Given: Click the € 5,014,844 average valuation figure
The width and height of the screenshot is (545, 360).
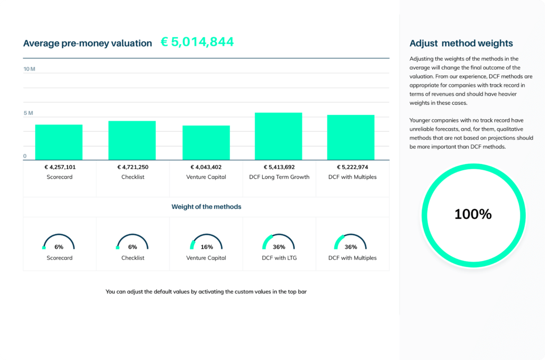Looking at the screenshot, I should point(197,43).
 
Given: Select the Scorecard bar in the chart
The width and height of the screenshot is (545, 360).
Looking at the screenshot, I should point(59,142).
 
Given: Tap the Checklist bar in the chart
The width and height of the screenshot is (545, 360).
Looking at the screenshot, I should point(132,140).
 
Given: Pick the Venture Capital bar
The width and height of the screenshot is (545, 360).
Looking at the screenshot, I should point(206,143).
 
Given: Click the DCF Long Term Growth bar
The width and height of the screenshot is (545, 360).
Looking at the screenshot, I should point(278,136).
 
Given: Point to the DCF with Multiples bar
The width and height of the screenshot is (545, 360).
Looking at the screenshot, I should point(351,137).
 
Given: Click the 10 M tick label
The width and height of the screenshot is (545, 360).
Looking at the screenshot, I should point(29,69).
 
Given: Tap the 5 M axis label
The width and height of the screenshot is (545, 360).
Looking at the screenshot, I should point(28,113).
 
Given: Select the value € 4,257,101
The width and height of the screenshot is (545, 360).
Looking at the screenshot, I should point(60,167).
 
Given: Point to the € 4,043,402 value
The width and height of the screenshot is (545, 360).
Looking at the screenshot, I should point(206,167).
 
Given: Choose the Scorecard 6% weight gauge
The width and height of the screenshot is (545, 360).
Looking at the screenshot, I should point(59,244).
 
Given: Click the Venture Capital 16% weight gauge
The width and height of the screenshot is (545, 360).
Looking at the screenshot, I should point(206,244).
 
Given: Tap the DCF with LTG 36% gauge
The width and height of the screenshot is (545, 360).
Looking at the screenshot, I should point(278,244).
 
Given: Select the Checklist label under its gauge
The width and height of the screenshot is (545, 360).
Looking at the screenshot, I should point(133,258).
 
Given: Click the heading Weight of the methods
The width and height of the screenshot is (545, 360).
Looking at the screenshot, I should point(206,206).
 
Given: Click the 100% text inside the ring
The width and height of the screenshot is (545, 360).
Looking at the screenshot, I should point(473,214).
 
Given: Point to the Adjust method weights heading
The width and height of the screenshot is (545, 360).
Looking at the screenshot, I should point(461,44).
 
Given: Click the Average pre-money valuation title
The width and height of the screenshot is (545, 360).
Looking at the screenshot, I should point(87,44).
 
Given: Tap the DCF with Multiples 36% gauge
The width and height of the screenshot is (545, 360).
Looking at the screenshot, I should point(351,244).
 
